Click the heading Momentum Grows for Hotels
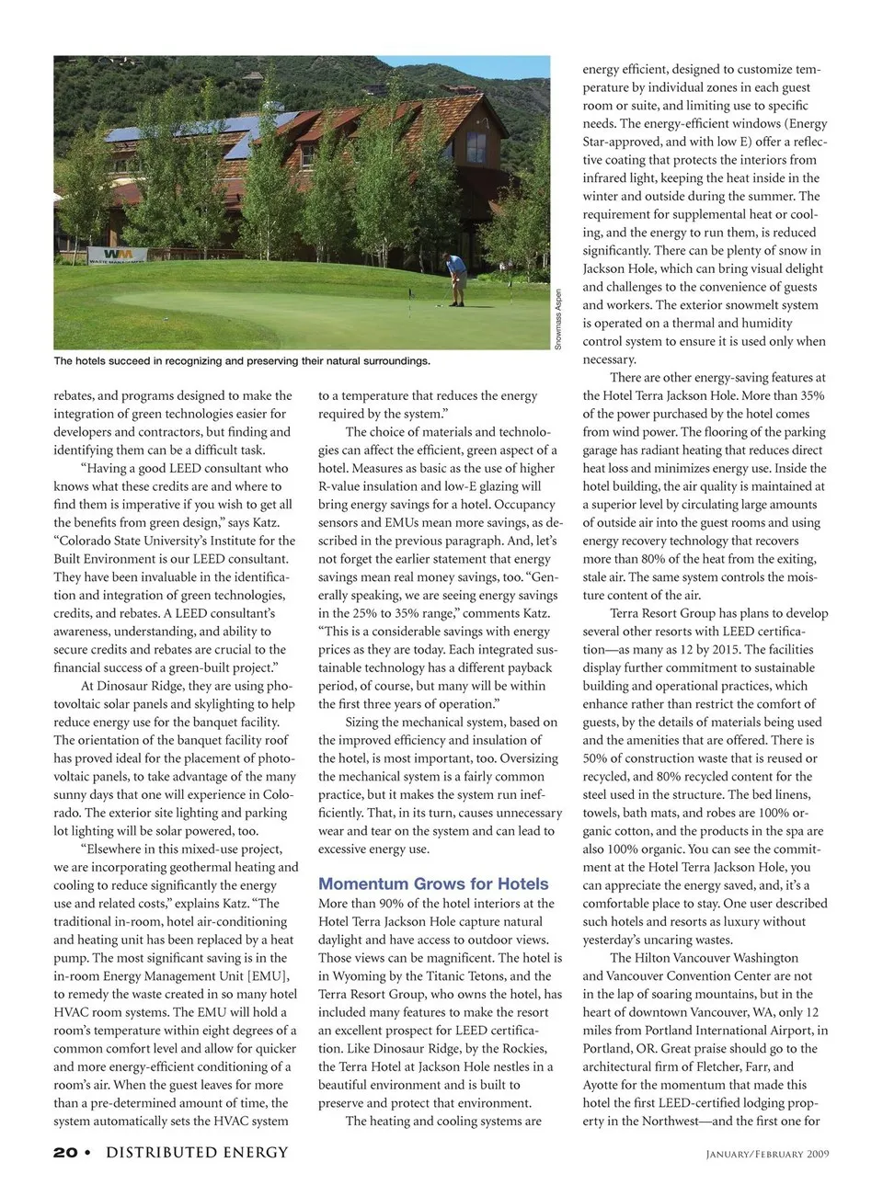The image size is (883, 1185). [433, 883]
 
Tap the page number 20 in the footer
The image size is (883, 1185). [65, 1152]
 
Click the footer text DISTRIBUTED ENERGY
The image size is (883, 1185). [197, 1152]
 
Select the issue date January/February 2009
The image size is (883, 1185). [767, 1154]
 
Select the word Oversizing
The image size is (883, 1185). [528, 758]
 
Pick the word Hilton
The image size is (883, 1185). [658, 957]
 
